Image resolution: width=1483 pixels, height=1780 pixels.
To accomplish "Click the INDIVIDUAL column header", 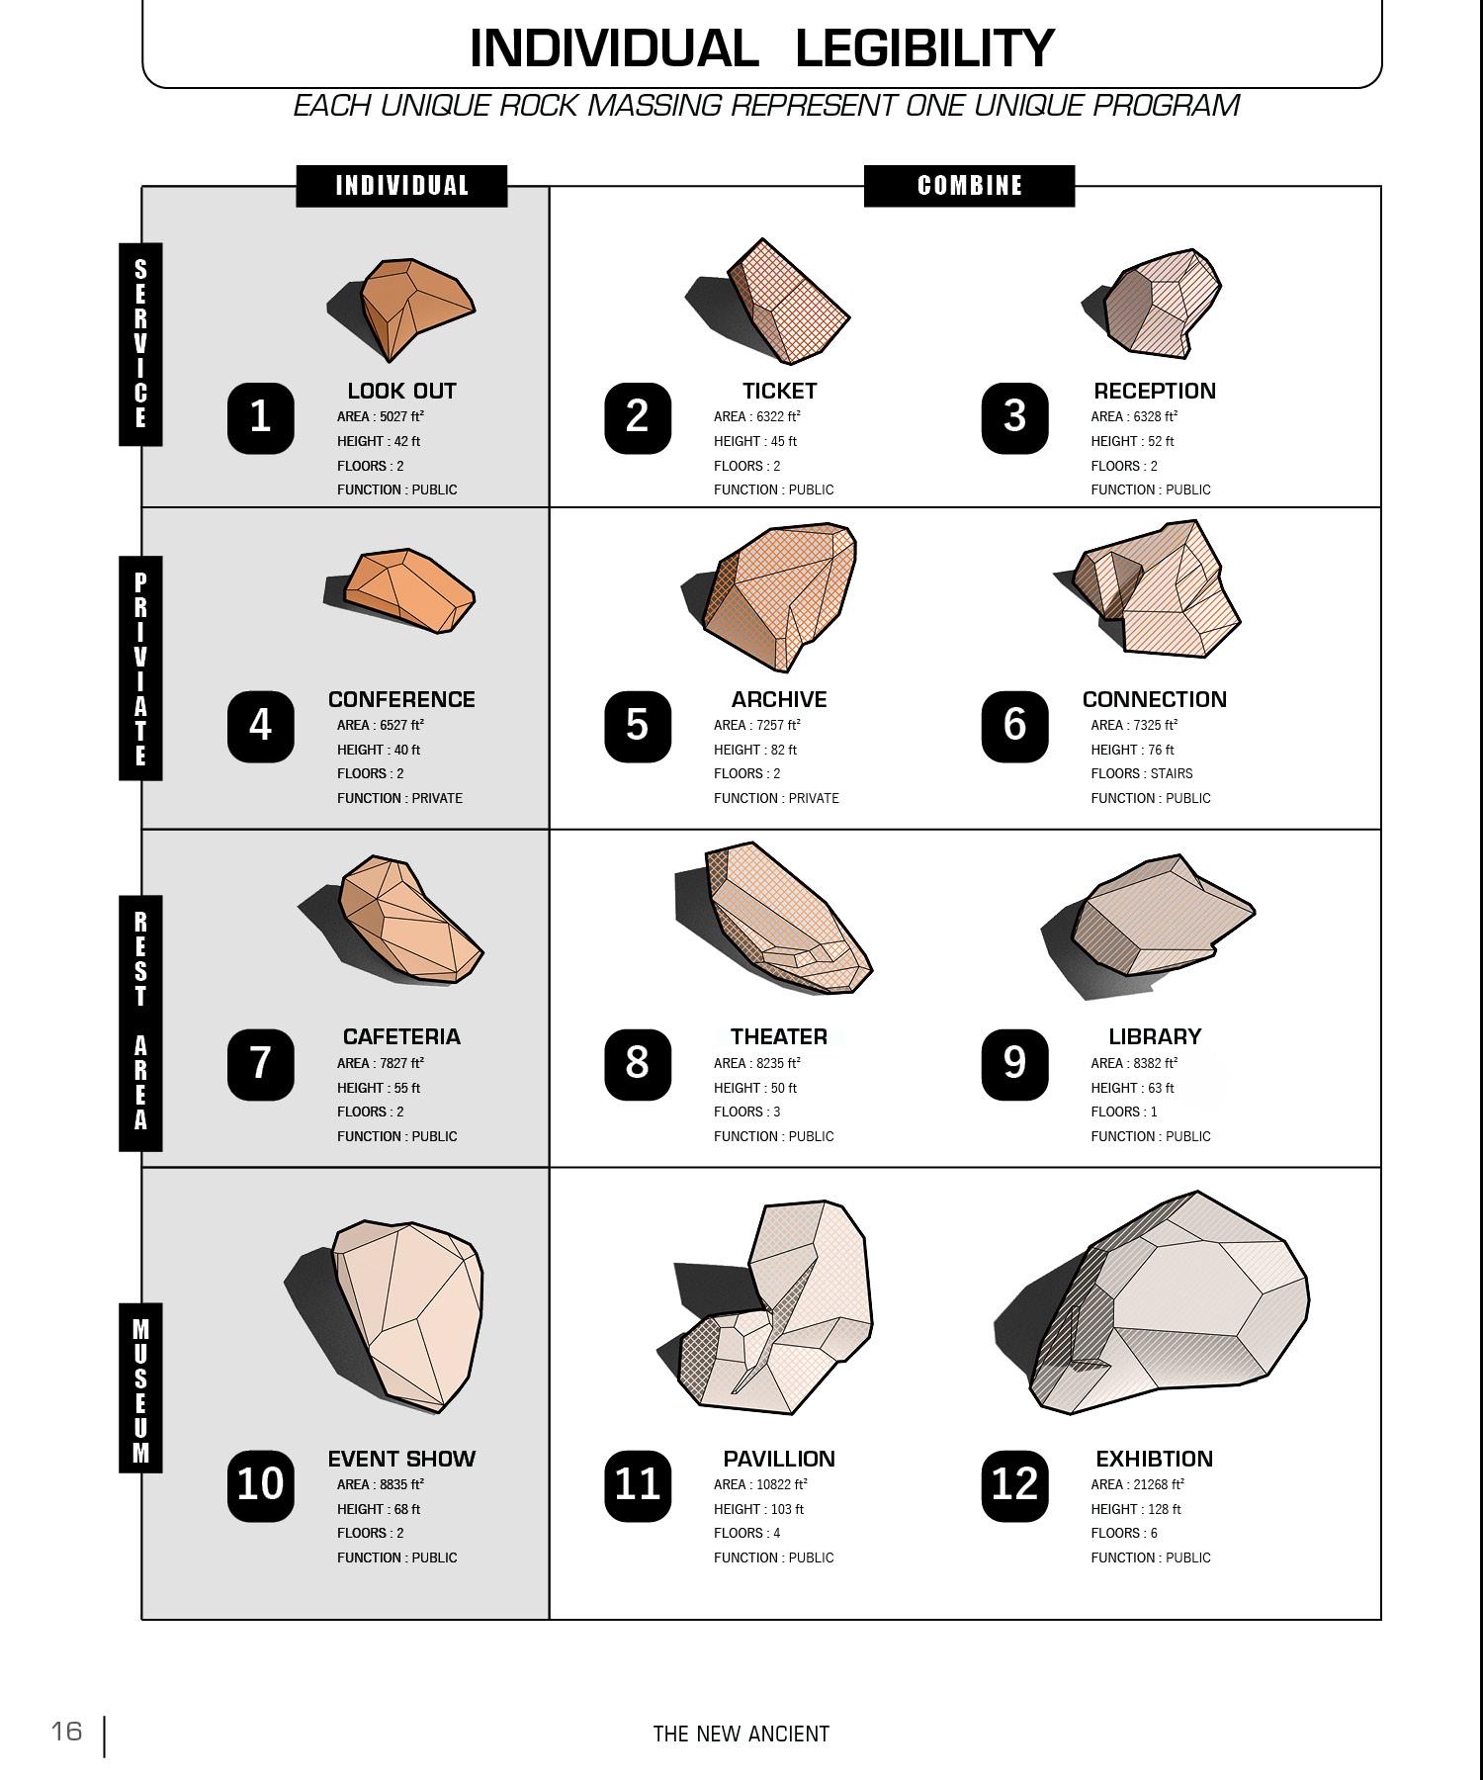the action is pyautogui.click(x=401, y=186).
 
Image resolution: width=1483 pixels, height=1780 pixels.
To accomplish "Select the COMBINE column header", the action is pyautogui.click(x=969, y=186).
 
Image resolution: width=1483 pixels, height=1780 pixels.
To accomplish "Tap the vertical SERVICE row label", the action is pyautogui.click(x=140, y=343).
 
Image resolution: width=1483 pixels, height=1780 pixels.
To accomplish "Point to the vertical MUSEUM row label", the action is pyautogui.click(x=140, y=1388).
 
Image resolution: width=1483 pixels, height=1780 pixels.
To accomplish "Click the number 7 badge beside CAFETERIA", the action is pyautogui.click(x=261, y=1064).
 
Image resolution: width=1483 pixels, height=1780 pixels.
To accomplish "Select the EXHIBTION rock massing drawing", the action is pyautogui.click(x=1167, y=1305).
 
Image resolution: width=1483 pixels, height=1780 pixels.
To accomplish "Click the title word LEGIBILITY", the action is pyautogui.click(x=924, y=47).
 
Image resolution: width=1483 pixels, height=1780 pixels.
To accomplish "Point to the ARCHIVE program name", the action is pyautogui.click(x=779, y=699).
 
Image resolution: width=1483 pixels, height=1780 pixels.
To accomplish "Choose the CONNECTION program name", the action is pyautogui.click(x=1154, y=699).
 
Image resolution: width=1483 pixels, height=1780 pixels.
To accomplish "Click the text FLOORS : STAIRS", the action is pyautogui.click(x=1142, y=773).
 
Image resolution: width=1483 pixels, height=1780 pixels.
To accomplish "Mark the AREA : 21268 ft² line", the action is pyautogui.click(x=1137, y=1484).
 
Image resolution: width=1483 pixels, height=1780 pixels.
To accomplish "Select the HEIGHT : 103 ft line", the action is pyautogui.click(x=758, y=1509).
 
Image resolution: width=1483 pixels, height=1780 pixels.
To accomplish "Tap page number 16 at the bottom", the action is pyautogui.click(x=67, y=1731).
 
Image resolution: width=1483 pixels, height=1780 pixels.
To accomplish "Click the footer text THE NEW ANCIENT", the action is pyautogui.click(x=741, y=1734).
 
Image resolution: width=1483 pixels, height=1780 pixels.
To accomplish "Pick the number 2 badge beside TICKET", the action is pyautogui.click(x=638, y=417).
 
